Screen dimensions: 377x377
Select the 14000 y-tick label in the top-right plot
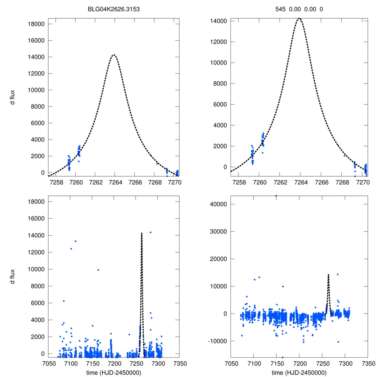(218, 21)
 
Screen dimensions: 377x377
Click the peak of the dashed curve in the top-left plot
(114, 55)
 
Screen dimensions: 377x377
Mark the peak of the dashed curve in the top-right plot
(300, 18)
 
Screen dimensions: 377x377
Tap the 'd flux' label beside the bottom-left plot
(13, 276)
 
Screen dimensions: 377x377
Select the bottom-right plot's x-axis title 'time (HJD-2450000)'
(299, 372)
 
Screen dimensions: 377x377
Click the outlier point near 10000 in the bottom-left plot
(98, 270)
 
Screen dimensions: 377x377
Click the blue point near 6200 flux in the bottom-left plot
(64, 301)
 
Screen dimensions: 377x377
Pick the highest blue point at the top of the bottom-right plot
(276, 196)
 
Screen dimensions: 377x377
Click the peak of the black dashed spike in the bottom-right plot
(328, 274)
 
